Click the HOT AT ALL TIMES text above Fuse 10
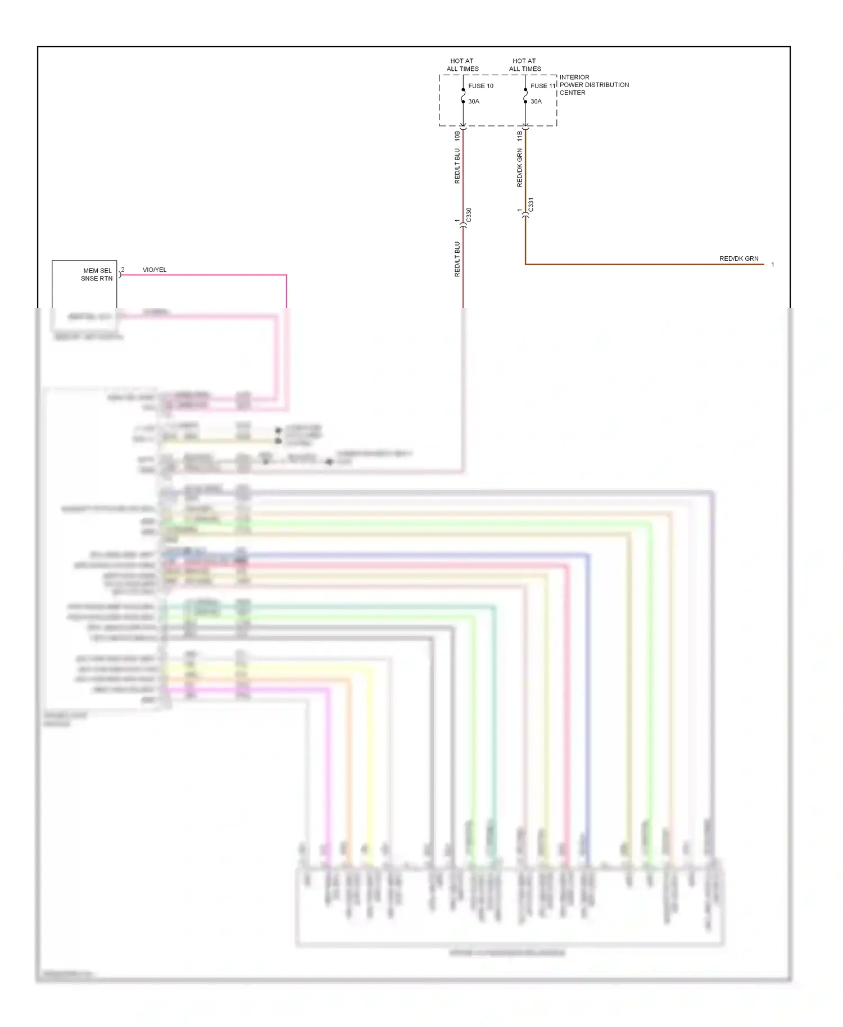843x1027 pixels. pos(463,65)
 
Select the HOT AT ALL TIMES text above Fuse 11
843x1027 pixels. pos(525,65)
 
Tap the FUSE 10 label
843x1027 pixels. pos(481,86)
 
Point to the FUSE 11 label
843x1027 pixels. pos(543,86)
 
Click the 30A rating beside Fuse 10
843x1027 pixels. pos(474,102)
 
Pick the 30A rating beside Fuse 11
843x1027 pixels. pos(536,102)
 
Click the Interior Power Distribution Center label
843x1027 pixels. pos(593,85)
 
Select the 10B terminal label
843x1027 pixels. pos(457,135)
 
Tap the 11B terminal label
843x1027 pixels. pos(520,135)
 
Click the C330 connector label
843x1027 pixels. pos(469,215)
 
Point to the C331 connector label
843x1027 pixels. pos(531,205)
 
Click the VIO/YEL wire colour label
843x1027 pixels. pos(155,270)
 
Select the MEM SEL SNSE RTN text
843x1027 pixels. pos(97,275)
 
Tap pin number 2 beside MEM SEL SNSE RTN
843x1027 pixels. pos(123,270)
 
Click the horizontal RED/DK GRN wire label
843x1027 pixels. pos(738,259)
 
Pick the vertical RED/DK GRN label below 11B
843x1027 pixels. pos(520,167)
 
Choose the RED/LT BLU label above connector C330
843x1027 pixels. pos(457,166)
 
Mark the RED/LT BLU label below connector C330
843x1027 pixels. pos(457,259)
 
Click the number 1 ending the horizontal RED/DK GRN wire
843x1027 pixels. pos(773,265)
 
